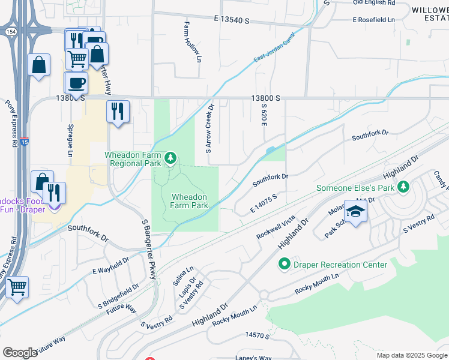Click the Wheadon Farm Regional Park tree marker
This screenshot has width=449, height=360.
click(171, 158)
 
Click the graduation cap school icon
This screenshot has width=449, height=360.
click(355, 212)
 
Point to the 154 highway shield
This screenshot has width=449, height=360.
click(11, 32)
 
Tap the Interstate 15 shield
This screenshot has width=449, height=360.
click(24, 141)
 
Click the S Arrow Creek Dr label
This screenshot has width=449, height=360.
click(209, 128)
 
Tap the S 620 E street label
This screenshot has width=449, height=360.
click(263, 114)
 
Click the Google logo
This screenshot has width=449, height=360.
click(20, 352)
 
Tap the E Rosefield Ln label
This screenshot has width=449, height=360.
click(376, 20)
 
